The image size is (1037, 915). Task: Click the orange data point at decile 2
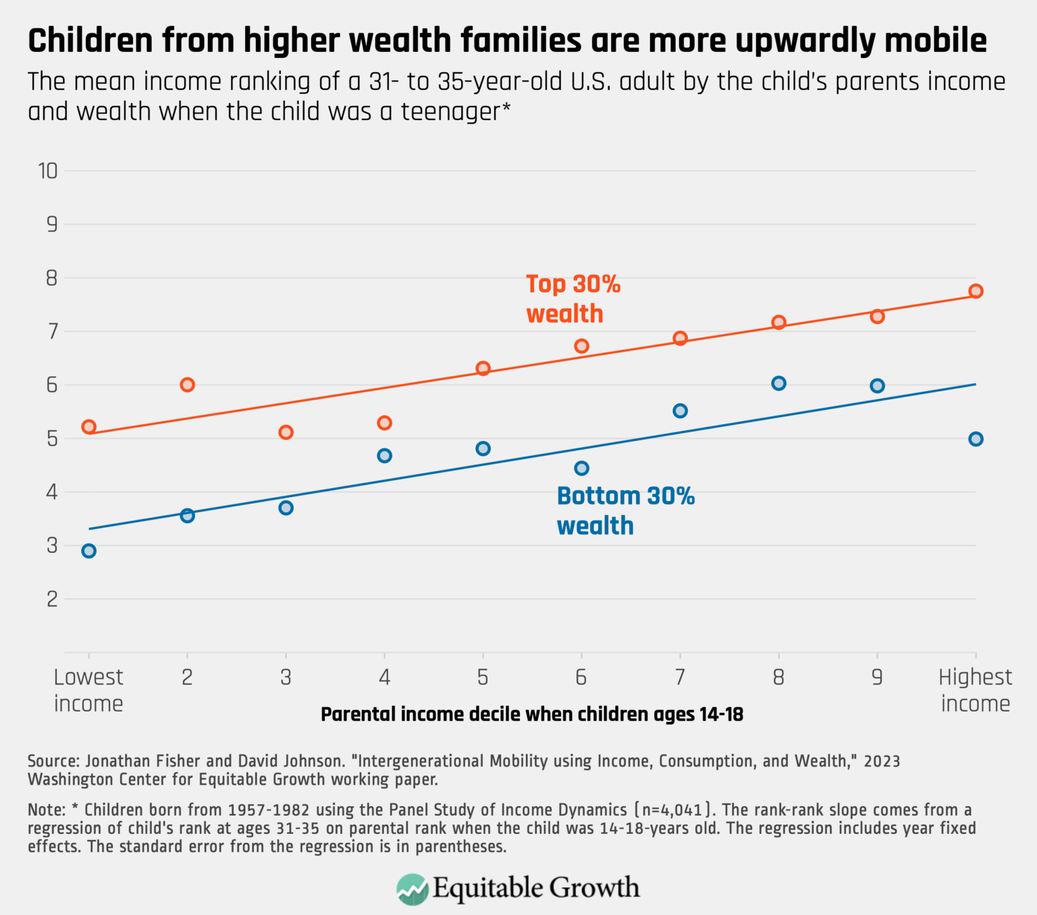(188, 385)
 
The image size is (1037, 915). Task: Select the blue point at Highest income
(976, 439)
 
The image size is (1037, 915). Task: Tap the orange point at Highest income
(976, 291)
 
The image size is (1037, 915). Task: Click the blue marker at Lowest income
(88, 551)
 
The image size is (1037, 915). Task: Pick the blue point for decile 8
(778, 384)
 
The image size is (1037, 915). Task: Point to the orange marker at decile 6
(581, 346)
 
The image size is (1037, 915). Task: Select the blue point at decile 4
(384, 456)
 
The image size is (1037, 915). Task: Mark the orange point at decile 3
(286, 432)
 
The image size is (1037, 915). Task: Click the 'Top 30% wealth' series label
(573, 298)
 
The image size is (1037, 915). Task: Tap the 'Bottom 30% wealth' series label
(625, 511)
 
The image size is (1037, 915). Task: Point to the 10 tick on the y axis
(48, 171)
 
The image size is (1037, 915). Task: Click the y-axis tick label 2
(52, 599)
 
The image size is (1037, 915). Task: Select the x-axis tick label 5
(483, 677)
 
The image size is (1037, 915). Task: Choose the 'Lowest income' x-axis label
(88, 690)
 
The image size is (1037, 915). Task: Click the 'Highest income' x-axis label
(976, 690)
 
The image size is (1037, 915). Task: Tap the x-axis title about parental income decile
(531, 714)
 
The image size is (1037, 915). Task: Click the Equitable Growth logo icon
(412, 889)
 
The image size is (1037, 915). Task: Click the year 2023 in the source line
(882, 761)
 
